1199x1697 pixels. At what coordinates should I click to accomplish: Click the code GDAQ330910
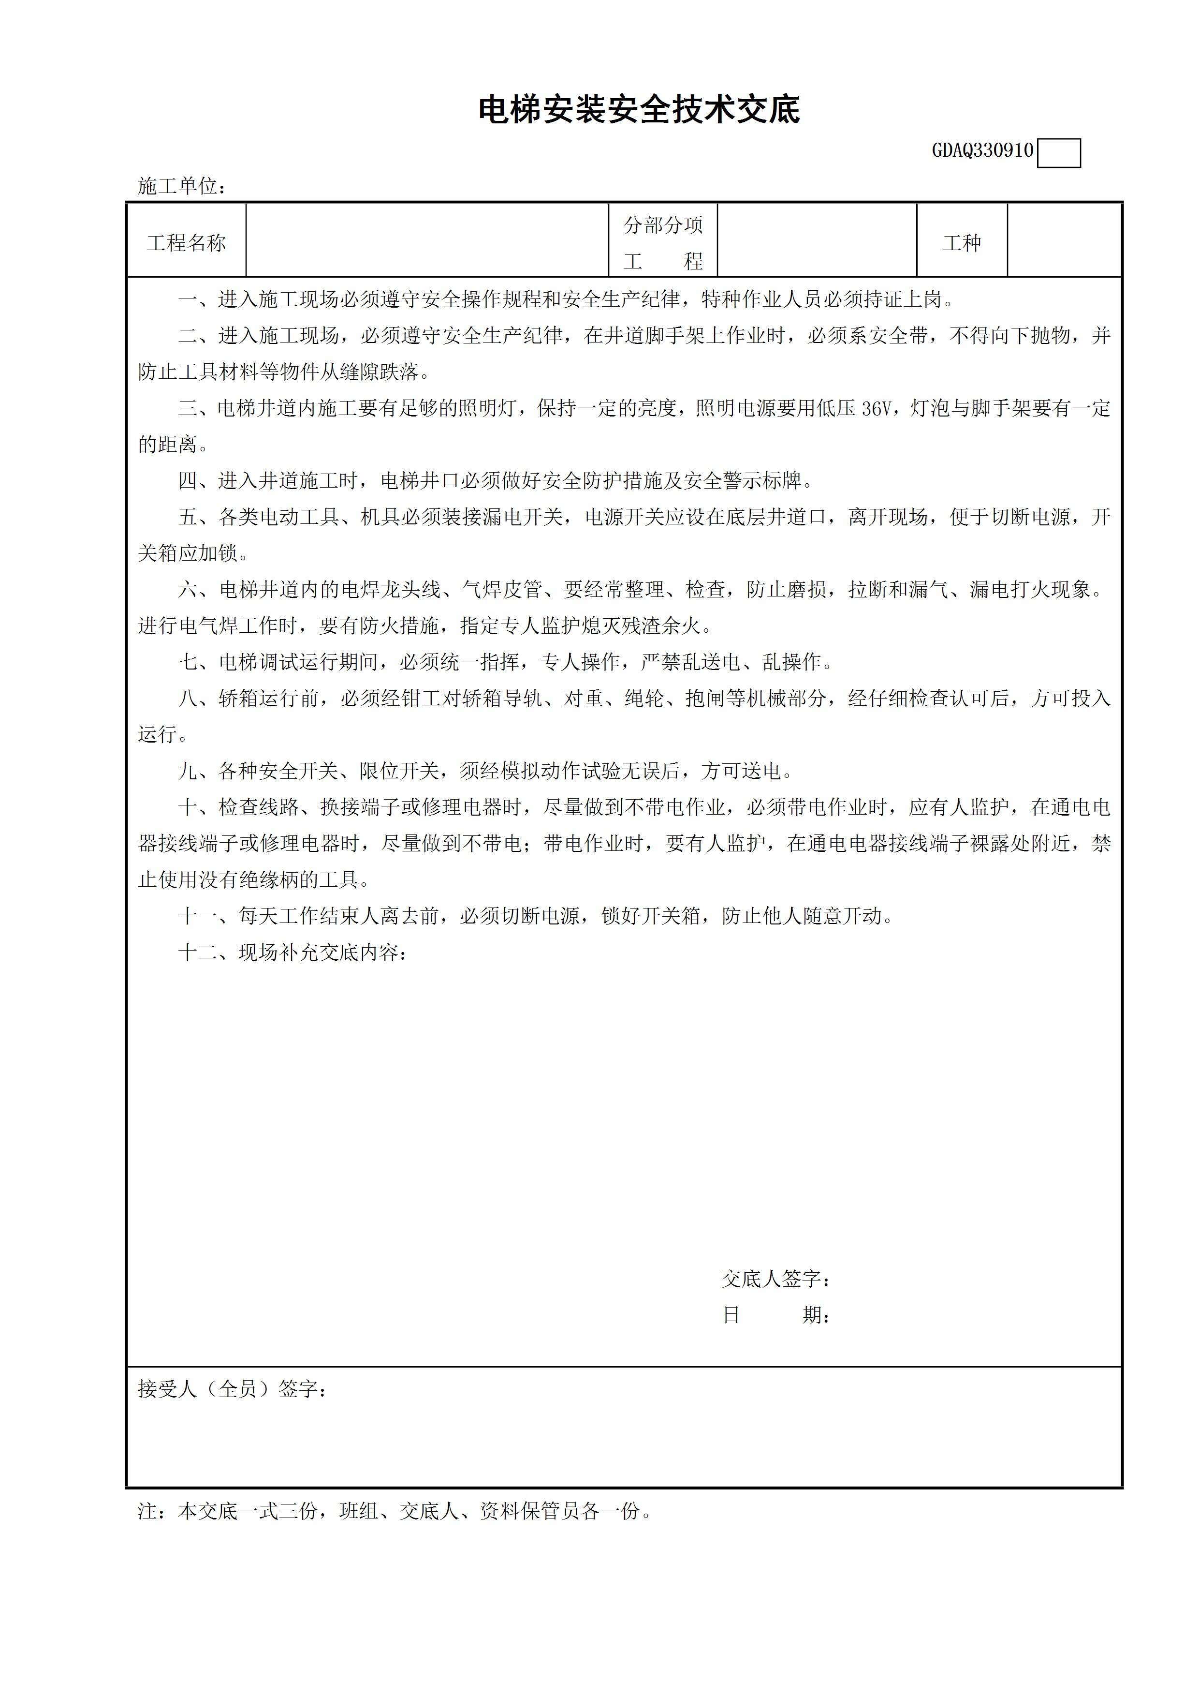982,151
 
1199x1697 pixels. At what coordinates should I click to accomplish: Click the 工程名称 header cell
186,243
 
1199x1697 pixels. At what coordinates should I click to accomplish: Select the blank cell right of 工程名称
427,241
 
